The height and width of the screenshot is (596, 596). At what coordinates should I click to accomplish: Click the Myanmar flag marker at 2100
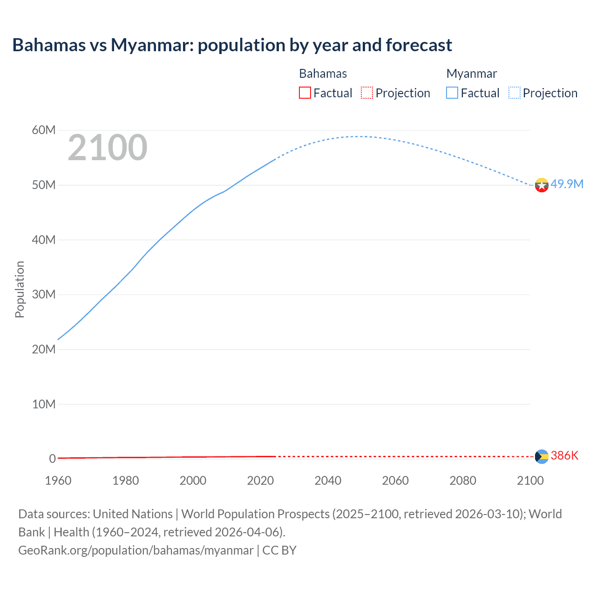542,185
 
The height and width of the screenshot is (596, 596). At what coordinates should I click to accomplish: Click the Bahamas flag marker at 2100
542,456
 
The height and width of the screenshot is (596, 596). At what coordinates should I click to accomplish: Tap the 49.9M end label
567,184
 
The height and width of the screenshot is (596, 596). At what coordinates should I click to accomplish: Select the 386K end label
564,455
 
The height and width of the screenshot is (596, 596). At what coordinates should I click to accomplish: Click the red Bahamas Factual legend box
305,93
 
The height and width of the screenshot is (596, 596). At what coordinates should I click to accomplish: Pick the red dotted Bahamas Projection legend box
367,93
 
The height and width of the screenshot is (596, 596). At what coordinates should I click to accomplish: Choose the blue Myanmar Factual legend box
452,93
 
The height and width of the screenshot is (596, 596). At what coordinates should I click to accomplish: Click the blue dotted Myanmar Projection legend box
515,93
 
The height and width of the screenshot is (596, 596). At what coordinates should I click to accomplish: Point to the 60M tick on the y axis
44,130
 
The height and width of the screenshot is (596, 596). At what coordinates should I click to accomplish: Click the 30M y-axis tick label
44,294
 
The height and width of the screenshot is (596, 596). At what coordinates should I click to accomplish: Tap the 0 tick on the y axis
52,459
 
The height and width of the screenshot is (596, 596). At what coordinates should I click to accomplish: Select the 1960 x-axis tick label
58,481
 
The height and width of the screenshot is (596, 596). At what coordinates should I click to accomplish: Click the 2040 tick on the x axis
328,481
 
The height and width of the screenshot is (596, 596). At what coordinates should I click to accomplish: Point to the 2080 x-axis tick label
463,481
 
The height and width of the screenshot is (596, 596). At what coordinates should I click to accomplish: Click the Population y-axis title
20,289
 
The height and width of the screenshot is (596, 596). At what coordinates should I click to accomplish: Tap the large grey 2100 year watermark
108,148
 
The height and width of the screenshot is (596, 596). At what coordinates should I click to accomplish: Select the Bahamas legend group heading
323,74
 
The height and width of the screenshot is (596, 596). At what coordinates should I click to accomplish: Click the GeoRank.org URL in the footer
136,550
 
